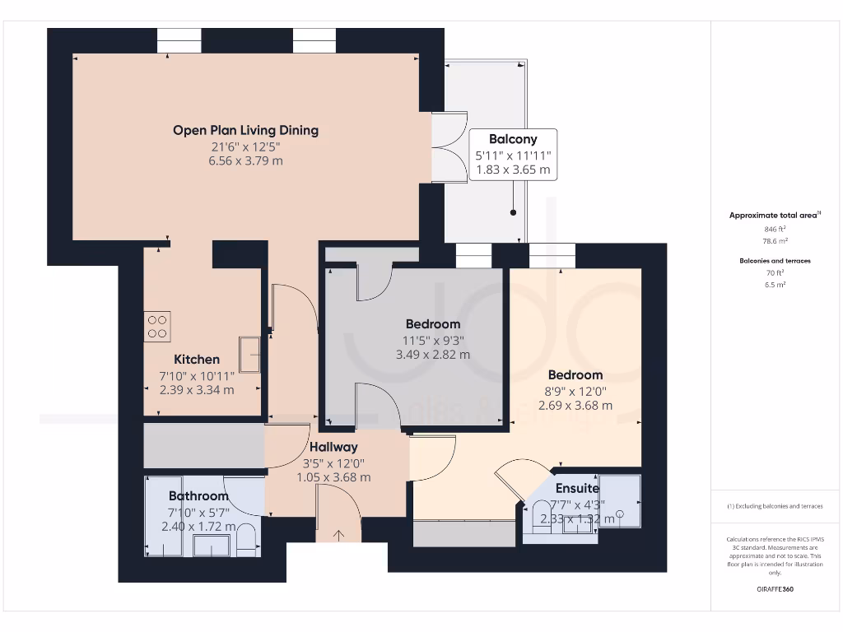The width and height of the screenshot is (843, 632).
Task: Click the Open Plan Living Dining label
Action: [245, 130]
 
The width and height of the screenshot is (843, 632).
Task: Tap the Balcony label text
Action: [512, 139]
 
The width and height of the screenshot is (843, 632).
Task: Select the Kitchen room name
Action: [197, 360]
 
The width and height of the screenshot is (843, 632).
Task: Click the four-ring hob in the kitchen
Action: [158, 326]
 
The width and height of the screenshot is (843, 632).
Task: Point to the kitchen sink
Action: [250, 355]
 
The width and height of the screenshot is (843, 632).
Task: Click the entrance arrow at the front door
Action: [338, 536]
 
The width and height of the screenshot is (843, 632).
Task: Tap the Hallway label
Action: [333, 447]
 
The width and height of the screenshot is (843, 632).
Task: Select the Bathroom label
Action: [198, 496]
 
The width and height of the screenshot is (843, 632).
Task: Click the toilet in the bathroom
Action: [246, 541]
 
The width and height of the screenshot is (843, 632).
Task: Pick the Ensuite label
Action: [577, 488]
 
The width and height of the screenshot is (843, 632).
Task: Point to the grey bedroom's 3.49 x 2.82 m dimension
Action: [432, 355]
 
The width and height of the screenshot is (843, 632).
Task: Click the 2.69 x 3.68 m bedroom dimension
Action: [575, 405]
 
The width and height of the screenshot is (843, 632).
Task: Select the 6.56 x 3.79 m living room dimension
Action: [245, 160]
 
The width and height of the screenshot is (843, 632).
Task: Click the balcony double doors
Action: [442, 146]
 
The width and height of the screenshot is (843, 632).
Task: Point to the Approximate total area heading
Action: [773, 216]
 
